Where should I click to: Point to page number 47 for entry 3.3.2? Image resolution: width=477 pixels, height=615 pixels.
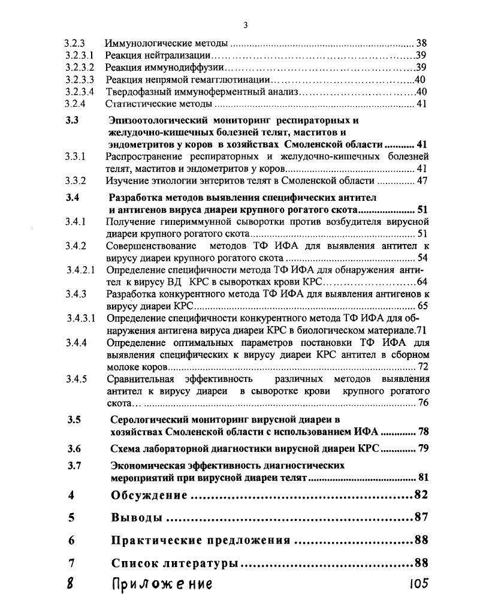click(x=422, y=180)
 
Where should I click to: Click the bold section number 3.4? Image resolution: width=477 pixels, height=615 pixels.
click(x=73, y=198)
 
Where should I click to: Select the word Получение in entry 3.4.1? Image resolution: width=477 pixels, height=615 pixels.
click(x=129, y=222)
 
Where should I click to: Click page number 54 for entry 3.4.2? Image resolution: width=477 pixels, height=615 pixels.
click(x=422, y=258)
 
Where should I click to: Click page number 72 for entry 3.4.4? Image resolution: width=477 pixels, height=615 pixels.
click(x=423, y=366)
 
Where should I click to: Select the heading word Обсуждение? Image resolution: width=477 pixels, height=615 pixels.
click(x=150, y=495)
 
